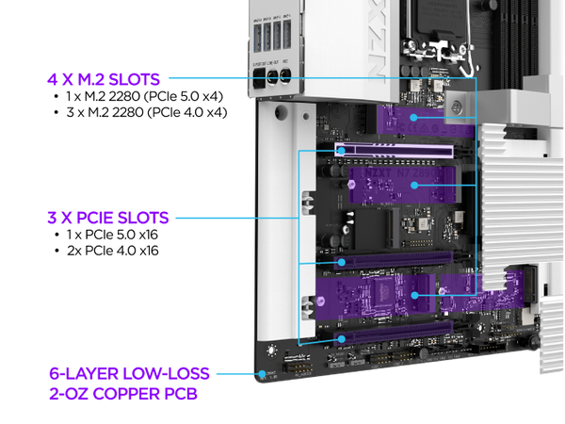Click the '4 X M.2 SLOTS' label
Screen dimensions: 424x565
(104, 79)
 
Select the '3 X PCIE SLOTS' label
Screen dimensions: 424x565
(107, 218)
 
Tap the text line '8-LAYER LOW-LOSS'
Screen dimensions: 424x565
(128, 373)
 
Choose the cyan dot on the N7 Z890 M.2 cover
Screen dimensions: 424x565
(412, 186)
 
